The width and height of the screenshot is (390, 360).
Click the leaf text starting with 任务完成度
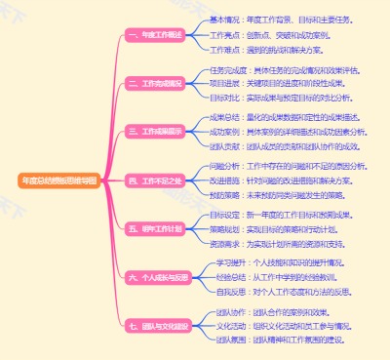(x=278, y=70)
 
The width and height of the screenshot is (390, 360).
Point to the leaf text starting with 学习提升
(x=274, y=262)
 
